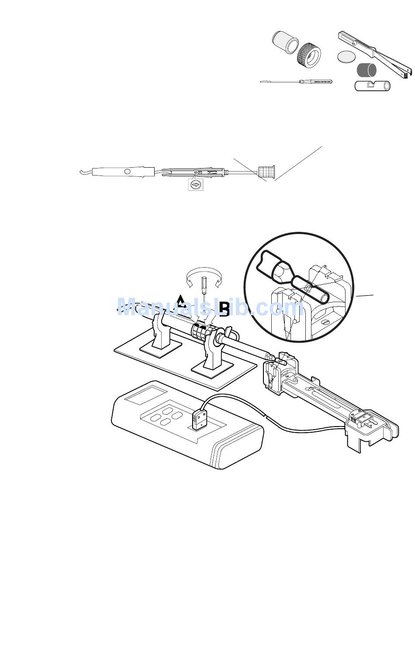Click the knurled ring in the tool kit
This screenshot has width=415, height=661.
pos(309,54)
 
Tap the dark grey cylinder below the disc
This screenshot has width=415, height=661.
pos(367,70)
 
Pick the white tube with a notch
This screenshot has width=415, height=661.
pos(373,86)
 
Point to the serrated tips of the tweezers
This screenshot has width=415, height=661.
pos(407,75)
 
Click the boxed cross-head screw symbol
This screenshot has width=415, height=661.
pos(196,185)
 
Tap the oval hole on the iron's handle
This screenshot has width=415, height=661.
pos(128,172)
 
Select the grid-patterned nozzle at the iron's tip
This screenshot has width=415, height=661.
pos(266,172)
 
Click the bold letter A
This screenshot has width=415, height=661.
pos(181,301)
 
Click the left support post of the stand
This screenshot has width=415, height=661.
pos(160,332)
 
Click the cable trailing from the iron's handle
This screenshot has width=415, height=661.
pos(86,172)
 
